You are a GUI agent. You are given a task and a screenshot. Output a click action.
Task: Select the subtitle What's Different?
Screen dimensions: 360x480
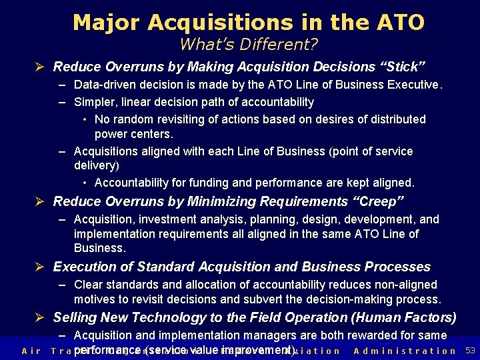249,45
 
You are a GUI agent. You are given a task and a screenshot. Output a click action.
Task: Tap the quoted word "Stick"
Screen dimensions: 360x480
402,67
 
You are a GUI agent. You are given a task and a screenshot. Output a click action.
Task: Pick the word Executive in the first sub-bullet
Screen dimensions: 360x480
415,85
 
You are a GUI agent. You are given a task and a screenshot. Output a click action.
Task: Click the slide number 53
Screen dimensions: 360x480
470,351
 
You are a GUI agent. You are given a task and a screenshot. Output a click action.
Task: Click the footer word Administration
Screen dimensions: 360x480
405,351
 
